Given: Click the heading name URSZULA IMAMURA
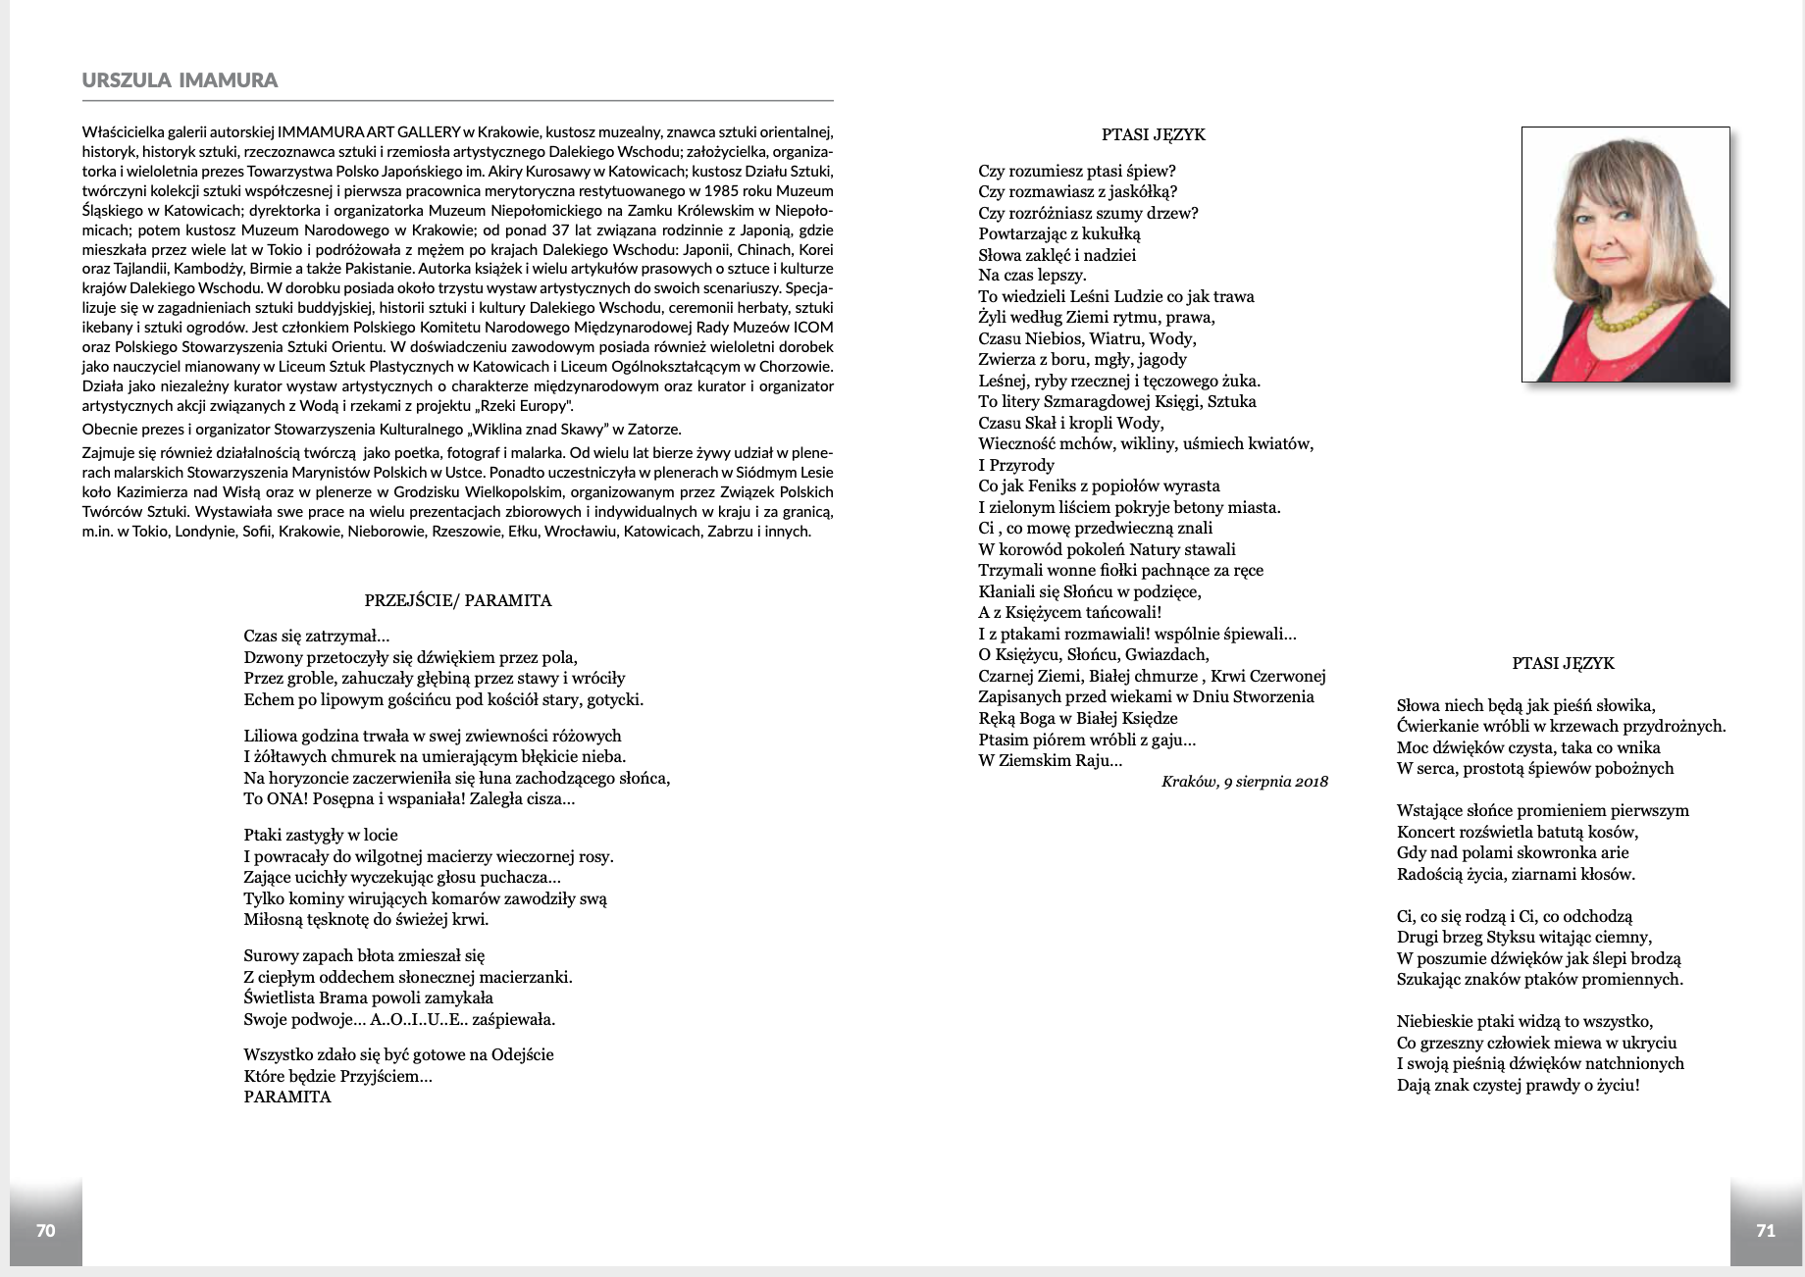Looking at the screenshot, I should [180, 80].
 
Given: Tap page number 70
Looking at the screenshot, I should [45, 1230].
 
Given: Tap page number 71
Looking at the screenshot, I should [1766, 1230].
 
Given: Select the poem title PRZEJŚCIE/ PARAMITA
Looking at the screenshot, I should [457, 600].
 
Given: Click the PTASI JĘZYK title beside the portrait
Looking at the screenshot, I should [1154, 134].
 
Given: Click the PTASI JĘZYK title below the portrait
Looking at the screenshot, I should [1563, 663].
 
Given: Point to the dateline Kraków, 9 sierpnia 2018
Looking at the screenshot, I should [1244, 782].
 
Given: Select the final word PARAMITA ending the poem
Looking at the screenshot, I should [287, 1098].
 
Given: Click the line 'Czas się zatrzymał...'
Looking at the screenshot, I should [317, 636].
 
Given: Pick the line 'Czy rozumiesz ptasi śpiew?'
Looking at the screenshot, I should [1076, 171].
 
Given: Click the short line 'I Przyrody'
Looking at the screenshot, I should [1016, 465].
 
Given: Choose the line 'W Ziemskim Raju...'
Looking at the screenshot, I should [1050, 760].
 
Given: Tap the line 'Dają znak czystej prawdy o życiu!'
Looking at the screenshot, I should [1518, 1085].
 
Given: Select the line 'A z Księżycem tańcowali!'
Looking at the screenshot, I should [1069, 612].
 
